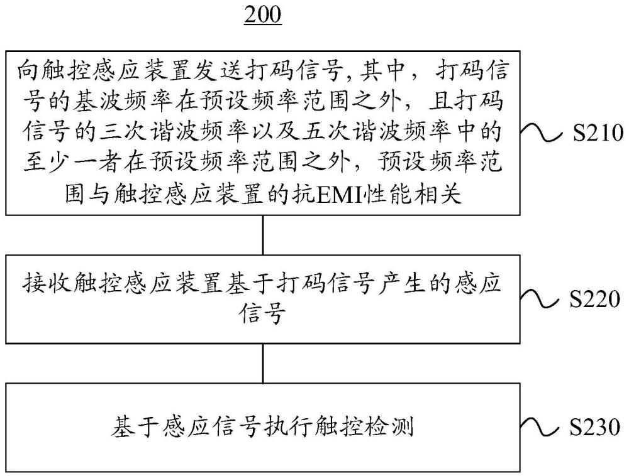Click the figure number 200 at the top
263,14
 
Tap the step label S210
598,133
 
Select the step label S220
595,299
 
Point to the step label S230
595,427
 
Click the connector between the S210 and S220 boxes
263,235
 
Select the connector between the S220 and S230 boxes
263,363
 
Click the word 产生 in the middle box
401,283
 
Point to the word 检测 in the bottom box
390,427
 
